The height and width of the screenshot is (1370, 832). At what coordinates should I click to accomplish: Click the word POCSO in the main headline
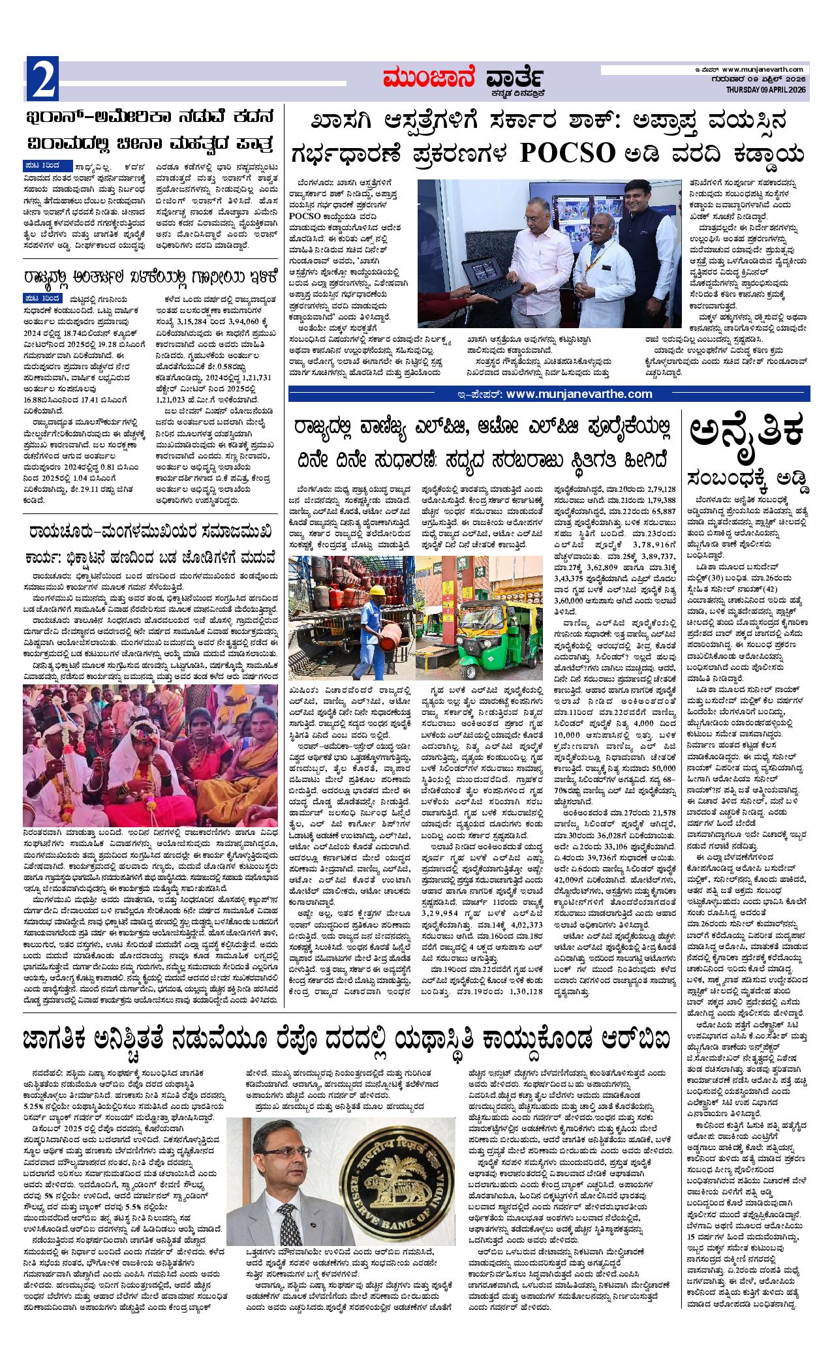[x=568, y=153]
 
